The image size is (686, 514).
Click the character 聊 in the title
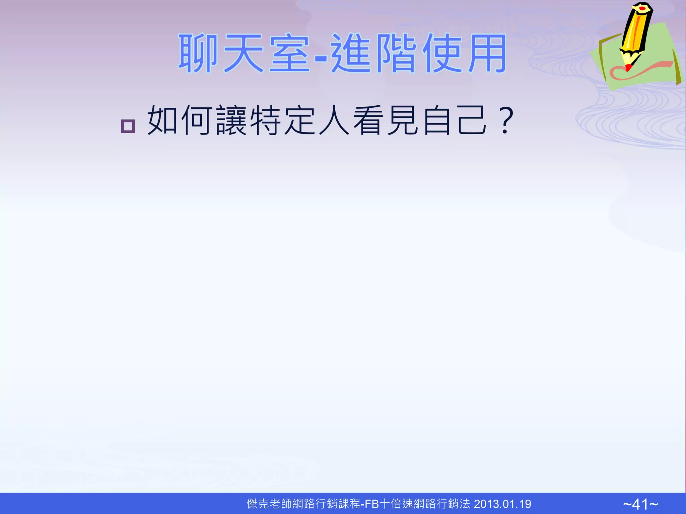pyautogui.click(x=198, y=54)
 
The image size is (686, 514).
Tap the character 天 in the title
pyautogui.click(x=244, y=54)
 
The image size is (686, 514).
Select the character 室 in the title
pyautogui.click(x=290, y=54)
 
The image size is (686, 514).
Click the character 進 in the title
pyautogui.click(x=351, y=54)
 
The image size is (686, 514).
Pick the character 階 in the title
pyautogui.click(x=397, y=54)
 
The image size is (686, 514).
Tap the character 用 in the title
pyautogui.click(x=487, y=54)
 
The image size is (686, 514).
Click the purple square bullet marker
pyautogui.click(x=128, y=126)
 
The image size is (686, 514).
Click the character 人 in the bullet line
pyautogui.click(x=334, y=120)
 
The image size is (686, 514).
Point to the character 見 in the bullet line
pyautogui.click(x=403, y=120)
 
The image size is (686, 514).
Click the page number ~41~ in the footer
pyautogui.click(x=640, y=504)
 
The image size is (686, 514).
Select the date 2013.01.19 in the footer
pyautogui.click(x=502, y=504)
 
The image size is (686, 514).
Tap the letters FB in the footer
pyautogui.click(x=371, y=504)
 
